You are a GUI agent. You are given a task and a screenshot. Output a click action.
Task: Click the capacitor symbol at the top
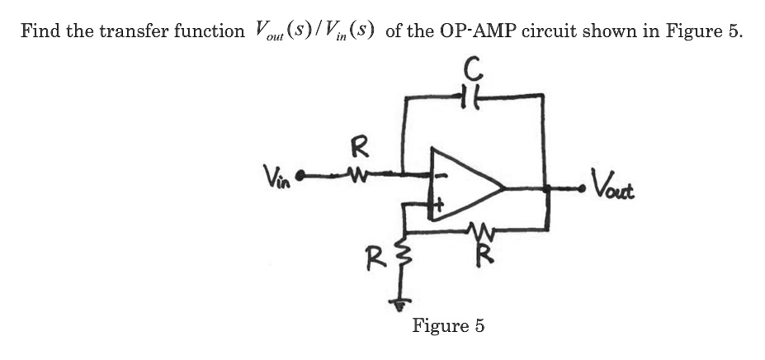click(471, 97)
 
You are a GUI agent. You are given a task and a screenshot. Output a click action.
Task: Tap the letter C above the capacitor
click(472, 66)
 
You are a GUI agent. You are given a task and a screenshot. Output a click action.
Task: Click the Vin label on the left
click(276, 176)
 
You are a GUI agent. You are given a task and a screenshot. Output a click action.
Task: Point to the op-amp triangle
click(462, 188)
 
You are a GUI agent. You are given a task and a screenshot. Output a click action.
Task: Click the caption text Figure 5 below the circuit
click(448, 325)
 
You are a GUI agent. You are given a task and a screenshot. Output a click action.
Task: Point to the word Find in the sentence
click(39, 31)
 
